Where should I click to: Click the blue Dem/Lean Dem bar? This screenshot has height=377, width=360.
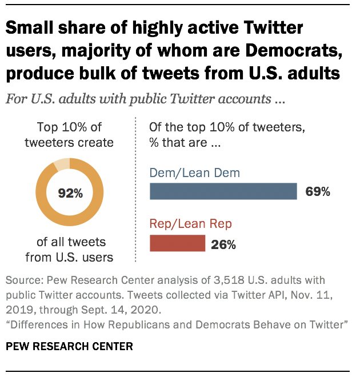click(x=223, y=191)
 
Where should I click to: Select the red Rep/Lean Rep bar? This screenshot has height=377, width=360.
click(x=177, y=243)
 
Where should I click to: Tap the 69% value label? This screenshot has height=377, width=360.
click(x=318, y=192)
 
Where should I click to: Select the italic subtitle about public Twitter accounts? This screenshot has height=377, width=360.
click(x=145, y=98)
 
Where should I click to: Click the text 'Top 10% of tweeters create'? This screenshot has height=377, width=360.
click(x=69, y=135)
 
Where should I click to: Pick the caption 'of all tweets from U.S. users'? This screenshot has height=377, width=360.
click(x=69, y=250)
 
